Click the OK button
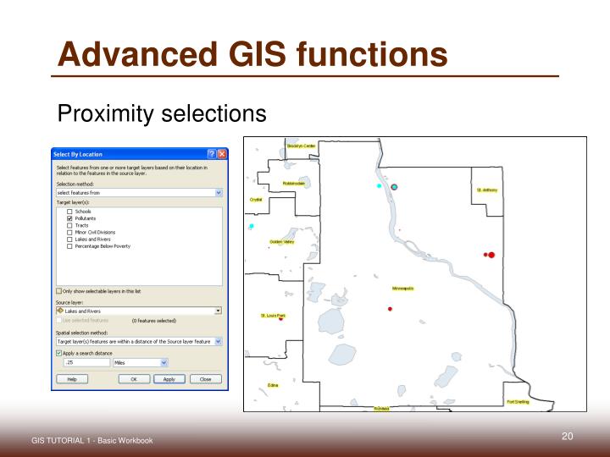(x=134, y=379)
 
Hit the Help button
(x=72, y=379)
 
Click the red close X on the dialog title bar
(x=222, y=154)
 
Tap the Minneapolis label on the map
(x=402, y=288)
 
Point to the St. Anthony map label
(x=487, y=190)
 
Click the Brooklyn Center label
(x=301, y=146)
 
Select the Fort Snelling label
(x=518, y=402)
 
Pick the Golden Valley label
(x=282, y=242)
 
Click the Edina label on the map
(x=273, y=385)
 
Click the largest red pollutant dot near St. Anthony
(x=491, y=254)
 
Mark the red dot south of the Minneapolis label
(x=390, y=309)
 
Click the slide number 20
(x=568, y=436)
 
